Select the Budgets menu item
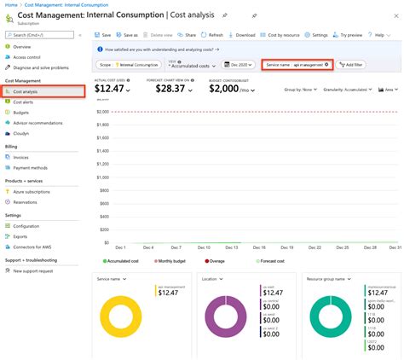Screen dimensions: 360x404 point(23,111)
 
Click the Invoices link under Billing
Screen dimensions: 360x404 point(21,157)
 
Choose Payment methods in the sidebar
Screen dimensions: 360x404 point(32,167)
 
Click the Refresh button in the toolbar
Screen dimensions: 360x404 point(212,35)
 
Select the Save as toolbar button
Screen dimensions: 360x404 point(128,35)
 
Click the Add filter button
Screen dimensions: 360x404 point(351,65)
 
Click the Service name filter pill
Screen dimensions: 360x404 point(297,65)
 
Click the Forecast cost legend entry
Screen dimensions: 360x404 point(273,261)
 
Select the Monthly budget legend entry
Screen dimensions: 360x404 point(176,261)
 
